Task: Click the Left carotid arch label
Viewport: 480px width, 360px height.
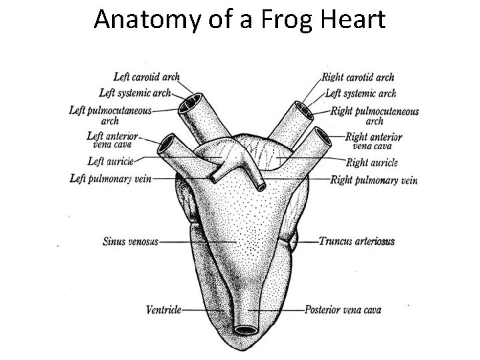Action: (x=146, y=78)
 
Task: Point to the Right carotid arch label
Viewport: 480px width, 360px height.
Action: (x=358, y=78)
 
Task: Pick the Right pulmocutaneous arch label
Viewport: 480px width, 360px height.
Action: (x=375, y=115)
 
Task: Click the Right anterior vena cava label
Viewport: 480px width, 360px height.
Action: (x=374, y=141)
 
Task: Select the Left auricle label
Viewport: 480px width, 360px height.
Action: (x=111, y=161)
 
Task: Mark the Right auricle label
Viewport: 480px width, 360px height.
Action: (x=373, y=162)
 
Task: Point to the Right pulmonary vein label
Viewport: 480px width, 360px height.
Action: (x=373, y=179)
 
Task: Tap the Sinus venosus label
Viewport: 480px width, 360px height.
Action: (x=131, y=241)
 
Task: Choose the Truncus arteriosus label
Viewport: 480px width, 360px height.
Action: (x=357, y=241)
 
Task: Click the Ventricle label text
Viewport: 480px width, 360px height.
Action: (x=163, y=310)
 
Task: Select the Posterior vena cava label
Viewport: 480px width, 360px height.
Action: (x=343, y=310)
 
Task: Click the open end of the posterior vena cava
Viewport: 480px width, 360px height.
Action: (x=247, y=329)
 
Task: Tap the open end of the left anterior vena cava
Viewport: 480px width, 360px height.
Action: (x=165, y=141)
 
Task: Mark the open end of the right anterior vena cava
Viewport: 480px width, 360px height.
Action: (x=323, y=138)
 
